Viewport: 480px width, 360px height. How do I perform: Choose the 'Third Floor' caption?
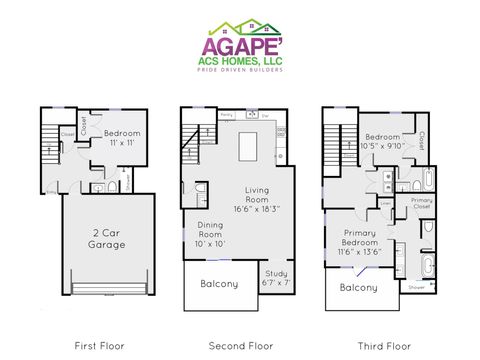[383, 346]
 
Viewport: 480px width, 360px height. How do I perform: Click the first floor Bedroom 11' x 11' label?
[122, 137]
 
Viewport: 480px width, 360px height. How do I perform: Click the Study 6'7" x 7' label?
[276, 278]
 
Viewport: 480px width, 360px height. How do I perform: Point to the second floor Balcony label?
[220, 284]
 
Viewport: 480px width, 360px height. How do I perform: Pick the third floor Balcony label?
[357, 287]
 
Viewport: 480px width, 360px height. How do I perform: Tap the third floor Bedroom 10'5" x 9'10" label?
[382, 140]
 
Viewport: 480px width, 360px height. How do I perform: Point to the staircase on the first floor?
[50, 142]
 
